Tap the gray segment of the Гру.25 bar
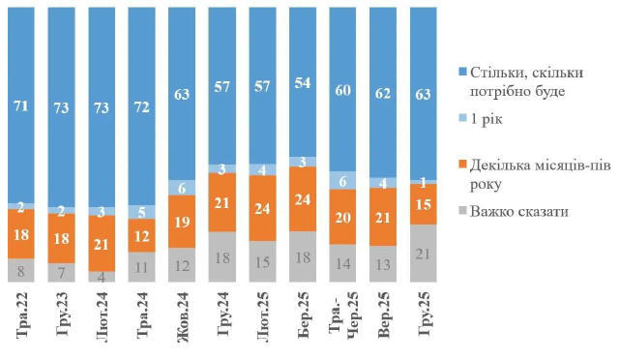423,253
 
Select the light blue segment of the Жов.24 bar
182,187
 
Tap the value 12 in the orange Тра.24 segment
142,235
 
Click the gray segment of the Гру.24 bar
221,256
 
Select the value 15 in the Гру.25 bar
423,204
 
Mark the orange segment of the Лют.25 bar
262,207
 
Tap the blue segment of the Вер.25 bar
383,92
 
